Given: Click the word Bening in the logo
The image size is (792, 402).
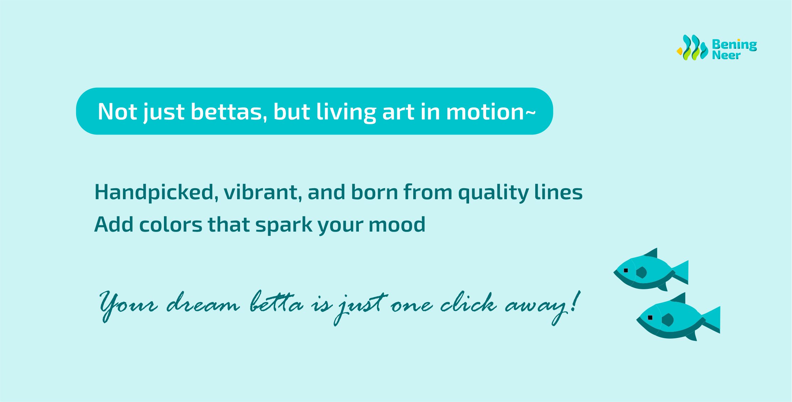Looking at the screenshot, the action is [734, 45].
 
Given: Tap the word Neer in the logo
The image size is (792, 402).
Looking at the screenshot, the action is [726, 55].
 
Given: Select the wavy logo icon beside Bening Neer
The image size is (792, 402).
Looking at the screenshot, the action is [692, 47].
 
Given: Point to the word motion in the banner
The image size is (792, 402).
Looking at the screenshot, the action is [485, 112].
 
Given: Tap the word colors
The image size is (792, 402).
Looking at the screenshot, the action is [171, 224].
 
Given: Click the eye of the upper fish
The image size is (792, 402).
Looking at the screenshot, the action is [626, 270].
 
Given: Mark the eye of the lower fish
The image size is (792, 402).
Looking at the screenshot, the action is [650, 318].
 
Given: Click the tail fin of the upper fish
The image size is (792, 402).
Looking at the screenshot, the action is [680, 273].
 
